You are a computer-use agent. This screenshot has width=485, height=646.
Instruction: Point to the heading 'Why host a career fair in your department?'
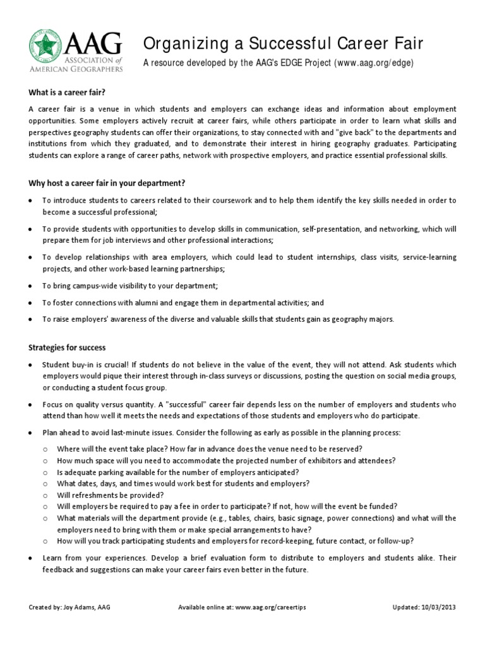coord(107,183)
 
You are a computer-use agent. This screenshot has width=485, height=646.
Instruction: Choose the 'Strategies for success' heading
coord(68,348)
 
